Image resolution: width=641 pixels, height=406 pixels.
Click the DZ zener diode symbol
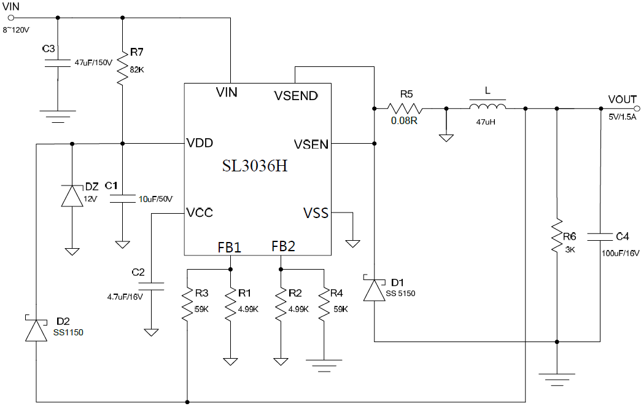coord(72,196)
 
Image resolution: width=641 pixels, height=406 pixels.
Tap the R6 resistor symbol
coord(556,236)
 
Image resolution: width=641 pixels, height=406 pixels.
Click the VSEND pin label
coord(295,95)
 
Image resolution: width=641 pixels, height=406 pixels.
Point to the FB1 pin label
coord(230,247)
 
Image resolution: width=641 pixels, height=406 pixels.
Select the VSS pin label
coord(316,213)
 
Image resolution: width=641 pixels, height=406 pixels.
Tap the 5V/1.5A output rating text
coord(622,116)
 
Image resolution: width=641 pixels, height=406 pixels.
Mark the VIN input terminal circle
coord(10,18)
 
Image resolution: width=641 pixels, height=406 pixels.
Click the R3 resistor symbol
coord(187,303)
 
